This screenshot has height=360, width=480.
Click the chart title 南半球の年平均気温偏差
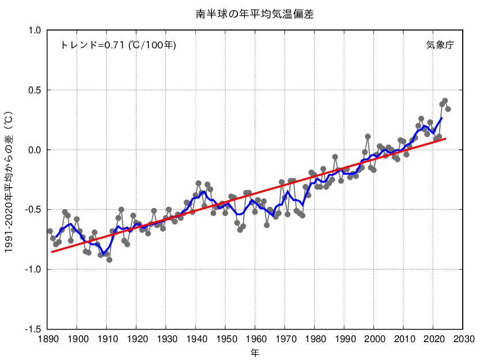pos(255,14)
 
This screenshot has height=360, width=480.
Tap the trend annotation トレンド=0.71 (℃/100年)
pos(118,45)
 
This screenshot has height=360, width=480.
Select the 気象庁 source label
pos(440,45)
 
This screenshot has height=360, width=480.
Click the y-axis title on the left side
pos(9,179)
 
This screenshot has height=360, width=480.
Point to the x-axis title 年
pos(255,351)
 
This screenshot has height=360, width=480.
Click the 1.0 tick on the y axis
pos(35,31)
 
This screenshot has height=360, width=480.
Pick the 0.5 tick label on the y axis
pos(35,90)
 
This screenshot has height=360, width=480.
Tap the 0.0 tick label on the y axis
pos(35,150)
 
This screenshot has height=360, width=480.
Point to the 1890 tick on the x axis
pos(47,339)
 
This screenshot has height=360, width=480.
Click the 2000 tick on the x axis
pos(374,339)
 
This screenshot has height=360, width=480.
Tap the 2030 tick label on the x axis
pos(463,339)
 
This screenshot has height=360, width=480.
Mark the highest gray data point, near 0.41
pos(445,101)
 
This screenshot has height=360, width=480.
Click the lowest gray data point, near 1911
pos(109,260)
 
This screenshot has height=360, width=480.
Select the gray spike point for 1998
pos(368,137)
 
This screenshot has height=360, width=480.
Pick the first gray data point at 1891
pos(50,231)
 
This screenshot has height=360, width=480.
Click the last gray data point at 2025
pos(448,109)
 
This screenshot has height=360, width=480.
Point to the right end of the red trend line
pos(445,138)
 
